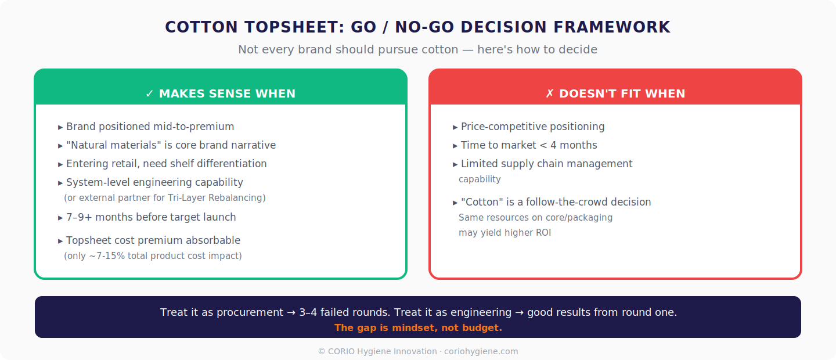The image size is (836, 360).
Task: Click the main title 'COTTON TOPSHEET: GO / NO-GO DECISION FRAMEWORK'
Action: click(417, 27)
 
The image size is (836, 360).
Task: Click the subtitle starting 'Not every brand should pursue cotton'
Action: click(417, 49)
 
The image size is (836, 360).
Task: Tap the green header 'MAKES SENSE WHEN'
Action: click(227, 93)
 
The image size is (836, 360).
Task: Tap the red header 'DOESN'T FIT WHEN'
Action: click(622, 93)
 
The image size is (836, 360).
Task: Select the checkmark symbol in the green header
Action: click(150, 93)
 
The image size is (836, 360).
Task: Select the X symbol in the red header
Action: click(550, 93)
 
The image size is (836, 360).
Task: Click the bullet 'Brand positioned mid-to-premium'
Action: click(150, 127)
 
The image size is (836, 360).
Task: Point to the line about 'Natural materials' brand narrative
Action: click(171, 145)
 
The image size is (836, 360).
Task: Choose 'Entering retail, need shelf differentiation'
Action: click(166, 164)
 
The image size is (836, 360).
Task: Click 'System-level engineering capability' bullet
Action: click(154, 182)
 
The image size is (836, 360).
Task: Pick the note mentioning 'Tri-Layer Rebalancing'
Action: click(165, 198)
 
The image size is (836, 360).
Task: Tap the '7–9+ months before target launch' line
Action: click(151, 217)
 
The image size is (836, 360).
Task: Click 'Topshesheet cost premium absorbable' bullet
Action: click(153, 240)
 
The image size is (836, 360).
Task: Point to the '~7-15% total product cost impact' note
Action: click(153, 256)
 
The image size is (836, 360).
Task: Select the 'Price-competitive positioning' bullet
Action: click(532, 127)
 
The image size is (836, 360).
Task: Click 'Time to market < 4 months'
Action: click(528, 145)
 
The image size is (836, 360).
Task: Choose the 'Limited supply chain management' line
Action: click(546, 164)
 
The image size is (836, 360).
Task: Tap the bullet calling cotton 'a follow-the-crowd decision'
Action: click(556, 202)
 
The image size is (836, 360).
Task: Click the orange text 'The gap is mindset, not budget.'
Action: click(418, 328)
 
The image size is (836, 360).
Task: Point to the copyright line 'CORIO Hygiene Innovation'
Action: click(418, 351)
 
